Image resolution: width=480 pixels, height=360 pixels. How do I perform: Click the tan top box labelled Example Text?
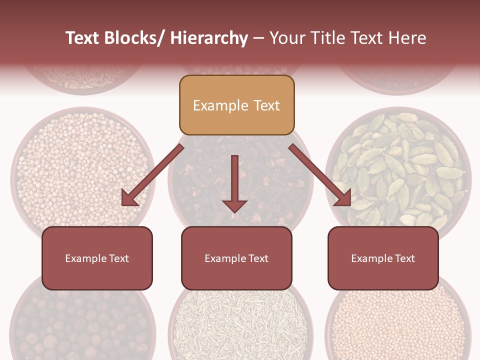point(236,105)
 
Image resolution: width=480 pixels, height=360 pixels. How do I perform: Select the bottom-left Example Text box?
point(97,258)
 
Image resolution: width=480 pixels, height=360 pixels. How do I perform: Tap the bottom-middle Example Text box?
point(236,258)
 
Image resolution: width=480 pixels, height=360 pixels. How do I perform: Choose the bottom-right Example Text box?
point(383,258)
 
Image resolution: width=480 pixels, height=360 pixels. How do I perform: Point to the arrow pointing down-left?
point(152,175)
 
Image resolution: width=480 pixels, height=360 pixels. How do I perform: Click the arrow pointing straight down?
point(234,182)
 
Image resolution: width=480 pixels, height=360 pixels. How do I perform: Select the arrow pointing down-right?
point(320,175)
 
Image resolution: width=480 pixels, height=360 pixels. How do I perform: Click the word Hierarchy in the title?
point(208,38)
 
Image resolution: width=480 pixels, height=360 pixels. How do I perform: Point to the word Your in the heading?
point(287,38)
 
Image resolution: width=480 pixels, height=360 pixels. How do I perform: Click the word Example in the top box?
point(220,105)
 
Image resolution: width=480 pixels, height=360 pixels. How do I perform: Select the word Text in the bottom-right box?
point(404,258)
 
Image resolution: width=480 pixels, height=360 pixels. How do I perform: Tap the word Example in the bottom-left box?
point(86,258)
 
